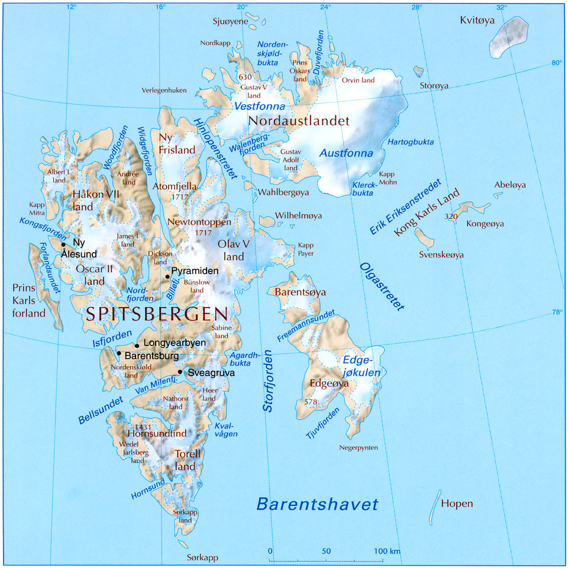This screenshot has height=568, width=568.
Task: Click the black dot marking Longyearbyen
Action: pyautogui.click(x=137, y=346)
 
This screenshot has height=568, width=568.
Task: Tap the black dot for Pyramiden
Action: pyautogui.click(x=167, y=276)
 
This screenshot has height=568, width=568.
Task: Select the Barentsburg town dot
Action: pyautogui.click(x=119, y=354)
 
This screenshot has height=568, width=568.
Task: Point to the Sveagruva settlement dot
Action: pyautogui.click(x=180, y=372)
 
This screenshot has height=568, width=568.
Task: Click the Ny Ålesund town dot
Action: pyautogui.click(x=63, y=244)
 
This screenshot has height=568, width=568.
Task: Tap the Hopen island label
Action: pyautogui.click(x=457, y=504)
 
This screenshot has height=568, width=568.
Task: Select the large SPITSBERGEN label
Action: pyautogui.click(x=157, y=314)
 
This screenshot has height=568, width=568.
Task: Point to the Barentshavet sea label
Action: pyautogui.click(x=317, y=505)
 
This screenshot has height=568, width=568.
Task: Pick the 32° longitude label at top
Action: pyautogui.click(x=502, y=7)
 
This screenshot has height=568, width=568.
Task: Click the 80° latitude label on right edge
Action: pyautogui.click(x=557, y=63)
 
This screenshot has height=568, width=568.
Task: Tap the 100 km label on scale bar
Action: pyautogui.click(x=388, y=551)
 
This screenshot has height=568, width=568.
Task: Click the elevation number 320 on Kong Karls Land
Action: pyautogui.click(x=451, y=217)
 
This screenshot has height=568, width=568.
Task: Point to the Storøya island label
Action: pyautogui.click(x=434, y=86)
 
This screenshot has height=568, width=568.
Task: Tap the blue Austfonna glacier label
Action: pyautogui.click(x=346, y=153)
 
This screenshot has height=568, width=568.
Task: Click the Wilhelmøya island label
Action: pyautogui.click(x=299, y=216)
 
